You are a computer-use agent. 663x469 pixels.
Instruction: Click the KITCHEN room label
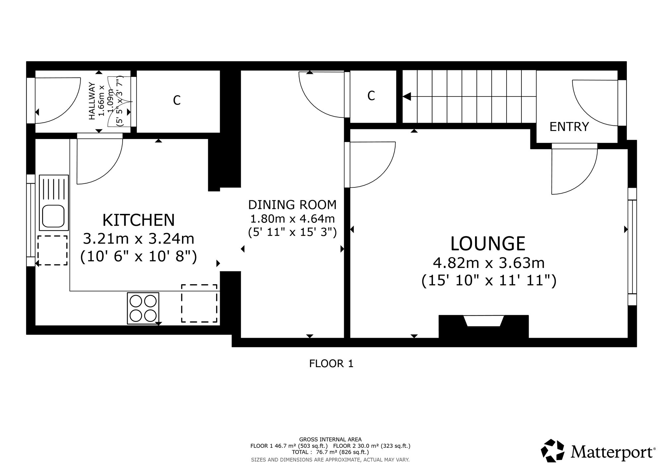point(139,220)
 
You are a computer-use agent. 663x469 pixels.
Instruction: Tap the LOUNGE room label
point(488,244)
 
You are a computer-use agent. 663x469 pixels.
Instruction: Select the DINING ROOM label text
point(292,205)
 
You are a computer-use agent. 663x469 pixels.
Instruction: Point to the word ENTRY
point(569,127)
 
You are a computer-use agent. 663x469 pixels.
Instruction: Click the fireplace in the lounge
point(484,321)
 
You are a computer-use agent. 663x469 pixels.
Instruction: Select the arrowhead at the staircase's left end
point(407,97)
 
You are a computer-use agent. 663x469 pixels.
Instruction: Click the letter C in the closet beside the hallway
point(177,100)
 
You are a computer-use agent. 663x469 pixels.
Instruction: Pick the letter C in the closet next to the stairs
point(371,96)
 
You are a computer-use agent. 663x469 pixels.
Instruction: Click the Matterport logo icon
point(553,450)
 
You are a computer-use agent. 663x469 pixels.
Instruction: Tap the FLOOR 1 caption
point(331,364)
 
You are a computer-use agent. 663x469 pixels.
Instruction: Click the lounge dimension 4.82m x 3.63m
point(489,263)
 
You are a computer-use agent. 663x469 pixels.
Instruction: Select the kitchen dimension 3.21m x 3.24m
point(139,238)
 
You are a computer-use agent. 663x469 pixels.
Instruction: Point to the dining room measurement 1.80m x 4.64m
point(292,219)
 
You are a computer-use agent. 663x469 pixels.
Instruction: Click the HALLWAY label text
point(92,101)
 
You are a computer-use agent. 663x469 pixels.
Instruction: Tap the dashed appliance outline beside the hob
point(199,303)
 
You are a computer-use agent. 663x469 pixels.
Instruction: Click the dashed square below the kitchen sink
point(52,250)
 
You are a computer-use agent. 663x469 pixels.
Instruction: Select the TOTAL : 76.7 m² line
point(330,452)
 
